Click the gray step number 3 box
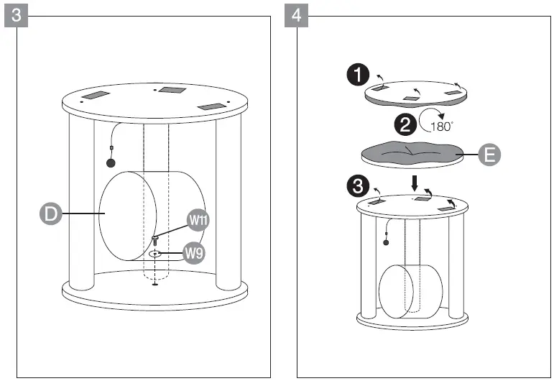point(17,15)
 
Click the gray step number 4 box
point(295,15)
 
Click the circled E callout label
point(489,155)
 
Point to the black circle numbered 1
point(359,75)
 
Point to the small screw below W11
point(154,239)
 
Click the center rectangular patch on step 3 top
point(172,89)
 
